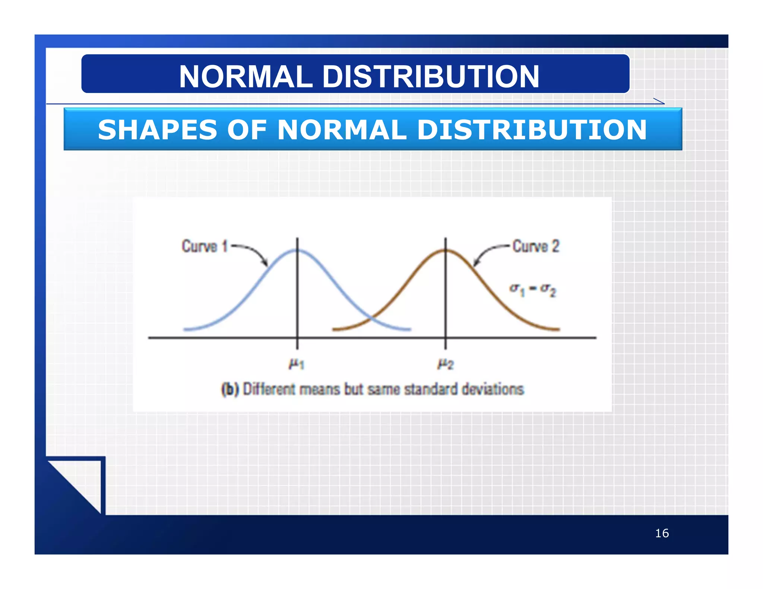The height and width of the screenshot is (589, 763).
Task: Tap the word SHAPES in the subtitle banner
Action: (157, 130)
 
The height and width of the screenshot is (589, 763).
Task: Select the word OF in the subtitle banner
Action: (247, 130)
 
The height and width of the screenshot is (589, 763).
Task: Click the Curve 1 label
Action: (204, 246)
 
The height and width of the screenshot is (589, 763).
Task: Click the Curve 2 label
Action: (536, 246)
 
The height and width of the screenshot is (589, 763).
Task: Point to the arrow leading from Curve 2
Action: (488, 253)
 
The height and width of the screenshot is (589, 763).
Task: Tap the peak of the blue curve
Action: (297, 251)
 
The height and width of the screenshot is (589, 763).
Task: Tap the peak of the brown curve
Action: (445, 251)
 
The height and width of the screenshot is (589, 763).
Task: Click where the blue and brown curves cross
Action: (371, 319)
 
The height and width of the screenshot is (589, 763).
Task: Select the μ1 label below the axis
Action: (297, 363)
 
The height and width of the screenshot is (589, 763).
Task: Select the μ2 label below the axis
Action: (445, 363)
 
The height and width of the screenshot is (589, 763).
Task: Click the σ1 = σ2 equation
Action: (533, 290)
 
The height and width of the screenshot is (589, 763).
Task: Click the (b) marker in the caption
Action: (229, 389)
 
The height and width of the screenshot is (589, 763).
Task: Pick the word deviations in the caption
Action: (493, 389)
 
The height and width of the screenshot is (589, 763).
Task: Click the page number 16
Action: (662, 533)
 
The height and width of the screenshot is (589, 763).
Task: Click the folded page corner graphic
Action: (76, 484)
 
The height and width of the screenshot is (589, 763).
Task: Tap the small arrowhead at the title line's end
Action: (659, 101)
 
